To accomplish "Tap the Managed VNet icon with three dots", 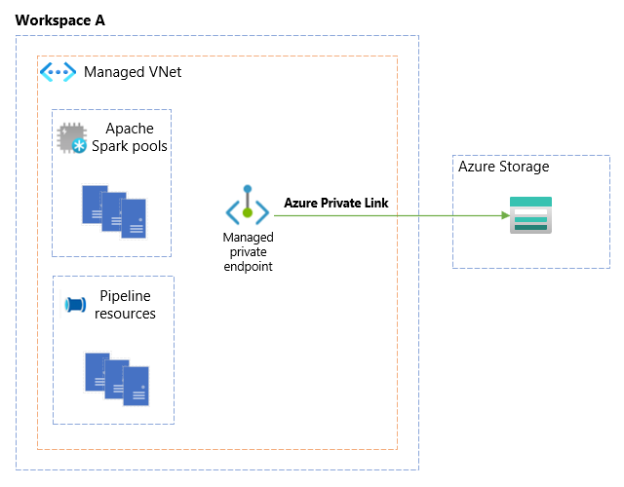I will pyautogui.click(x=58, y=72).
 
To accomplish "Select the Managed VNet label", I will pyautogui.click(x=133, y=72).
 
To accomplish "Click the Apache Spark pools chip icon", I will pyautogui.click(x=72, y=138).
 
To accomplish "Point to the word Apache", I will pyautogui.click(x=130, y=129).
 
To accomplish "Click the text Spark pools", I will pyautogui.click(x=130, y=146).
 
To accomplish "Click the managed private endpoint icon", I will pyautogui.click(x=248, y=206).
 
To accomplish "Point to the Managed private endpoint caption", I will pyautogui.click(x=248, y=251).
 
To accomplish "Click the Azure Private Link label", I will pyautogui.click(x=335, y=203).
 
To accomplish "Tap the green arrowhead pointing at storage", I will pyautogui.click(x=502, y=215).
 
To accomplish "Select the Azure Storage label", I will pyautogui.click(x=504, y=167).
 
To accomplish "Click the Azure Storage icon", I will pyautogui.click(x=530, y=215).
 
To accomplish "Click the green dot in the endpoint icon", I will pyautogui.click(x=248, y=211).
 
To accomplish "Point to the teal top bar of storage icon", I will pyautogui.click(x=530, y=202).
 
